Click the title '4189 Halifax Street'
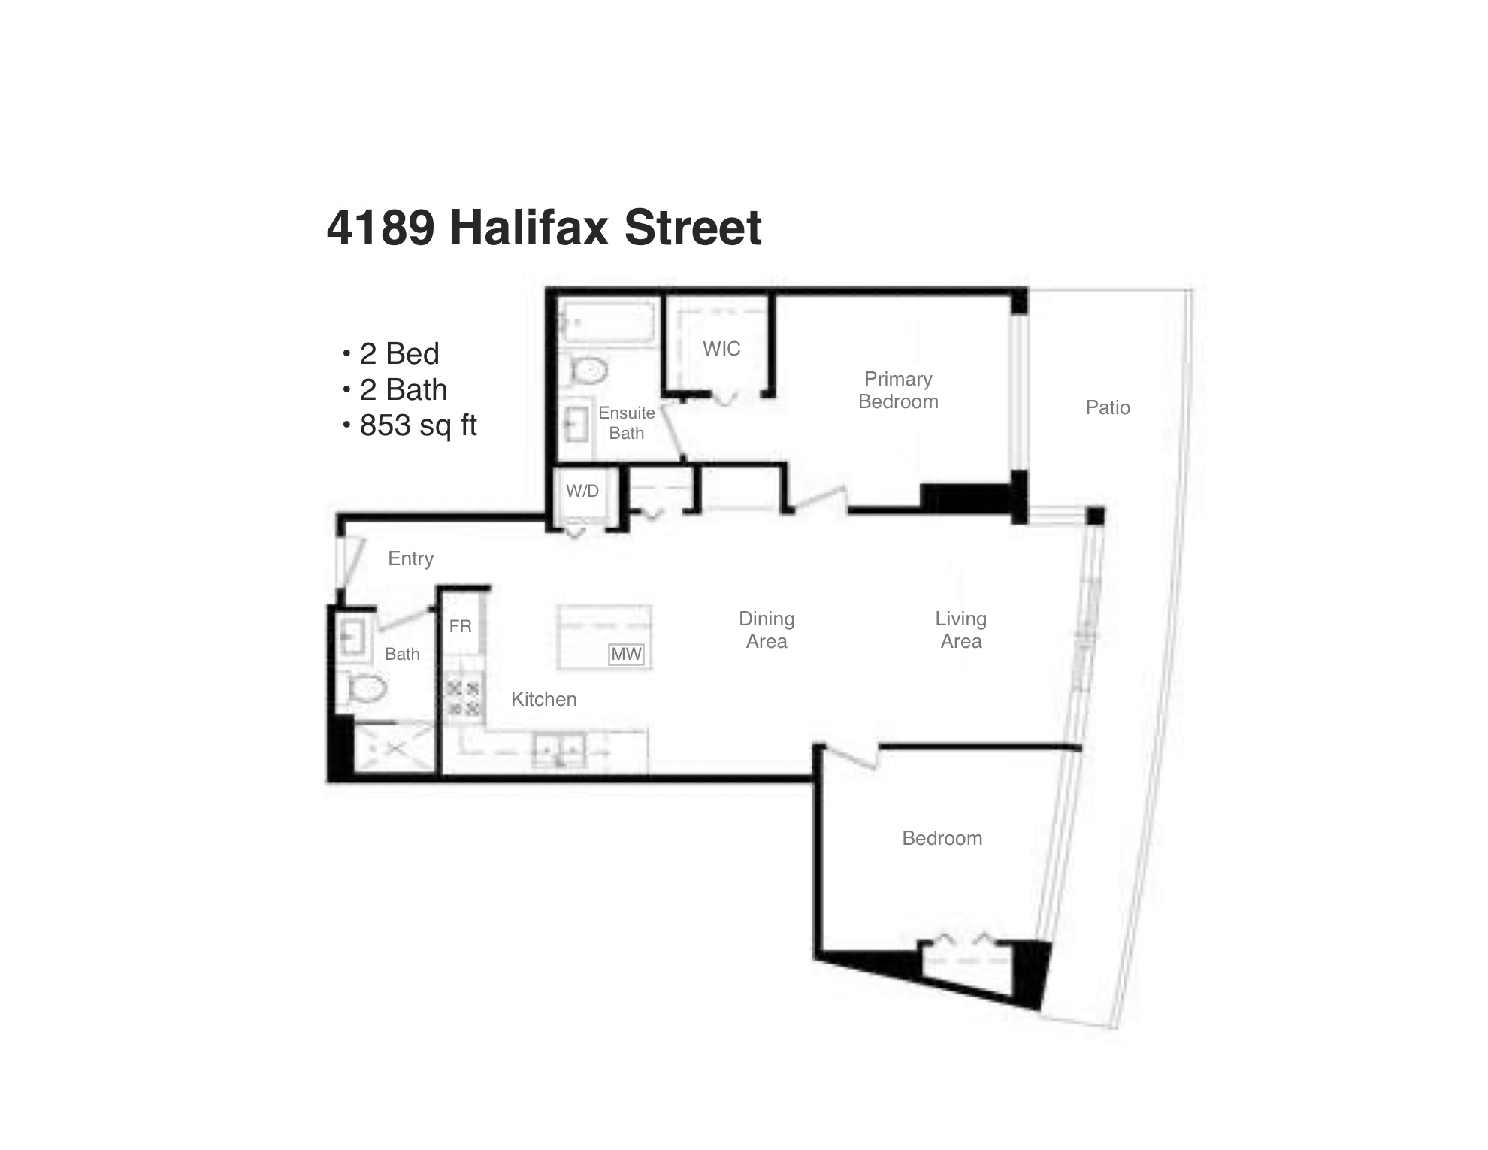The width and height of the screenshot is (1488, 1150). pyautogui.click(x=544, y=228)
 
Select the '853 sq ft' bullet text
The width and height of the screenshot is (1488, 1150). pyautogui.click(x=418, y=425)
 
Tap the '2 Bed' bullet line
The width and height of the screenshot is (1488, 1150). pyautogui.click(x=399, y=353)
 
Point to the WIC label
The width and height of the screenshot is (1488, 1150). pyautogui.click(x=721, y=349)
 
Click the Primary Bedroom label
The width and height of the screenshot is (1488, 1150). pyautogui.click(x=898, y=390)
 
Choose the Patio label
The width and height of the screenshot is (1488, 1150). pyautogui.click(x=1108, y=407)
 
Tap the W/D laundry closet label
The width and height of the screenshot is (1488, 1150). pyautogui.click(x=582, y=492)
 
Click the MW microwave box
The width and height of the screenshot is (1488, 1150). pyautogui.click(x=626, y=655)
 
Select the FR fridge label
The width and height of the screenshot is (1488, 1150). pyautogui.click(x=460, y=626)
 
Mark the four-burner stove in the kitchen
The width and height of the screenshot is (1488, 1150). pyautogui.click(x=463, y=699)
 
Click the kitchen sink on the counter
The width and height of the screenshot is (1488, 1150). pyautogui.click(x=559, y=749)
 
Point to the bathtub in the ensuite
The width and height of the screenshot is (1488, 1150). pyautogui.click(x=606, y=323)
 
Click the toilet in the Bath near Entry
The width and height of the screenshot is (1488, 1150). pyautogui.click(x=366, y=687)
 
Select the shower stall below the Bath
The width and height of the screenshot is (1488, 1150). pyautogui.click(x=395, y=747)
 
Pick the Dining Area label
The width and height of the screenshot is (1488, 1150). pyautogui.click(x=767, y=630)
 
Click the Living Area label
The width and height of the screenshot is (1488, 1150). pyautogui.click(x=961, y=630)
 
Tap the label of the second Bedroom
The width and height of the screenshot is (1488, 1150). pyautogui.click(x=942, y=838)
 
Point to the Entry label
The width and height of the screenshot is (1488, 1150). pyautogui.click(x=410, y=558)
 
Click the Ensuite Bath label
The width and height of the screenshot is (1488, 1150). pyautogui.click(x=627, y=423)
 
